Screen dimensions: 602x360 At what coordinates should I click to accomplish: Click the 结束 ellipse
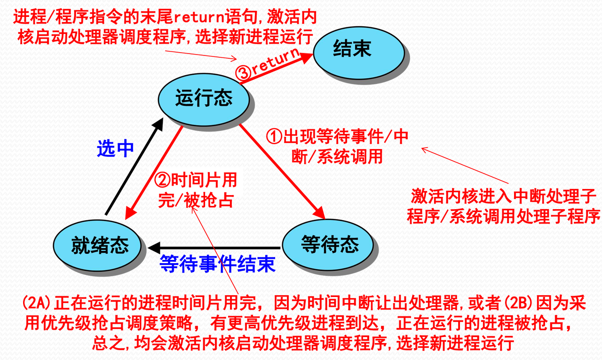click(359, 53)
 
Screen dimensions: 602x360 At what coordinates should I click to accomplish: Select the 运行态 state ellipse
click(204, 100)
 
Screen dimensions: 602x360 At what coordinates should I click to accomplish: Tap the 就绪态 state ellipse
click(97, 245)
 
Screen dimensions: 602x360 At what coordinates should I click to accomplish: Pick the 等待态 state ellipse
click(328, 244)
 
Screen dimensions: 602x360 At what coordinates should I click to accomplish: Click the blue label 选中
click(115, 149)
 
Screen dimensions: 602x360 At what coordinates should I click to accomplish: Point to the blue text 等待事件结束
click(218, 264)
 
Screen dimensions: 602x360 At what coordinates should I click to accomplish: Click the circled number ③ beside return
click(243, 72)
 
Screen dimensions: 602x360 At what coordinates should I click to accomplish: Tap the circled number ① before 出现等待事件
click(274, 136)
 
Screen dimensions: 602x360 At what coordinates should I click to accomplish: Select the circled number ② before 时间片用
click(162, 180)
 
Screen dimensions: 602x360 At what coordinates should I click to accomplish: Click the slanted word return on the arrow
click(276, 61)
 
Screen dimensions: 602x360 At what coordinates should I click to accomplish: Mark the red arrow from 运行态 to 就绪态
click(154, 173)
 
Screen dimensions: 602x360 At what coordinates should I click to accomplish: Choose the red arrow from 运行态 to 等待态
click(282, 172)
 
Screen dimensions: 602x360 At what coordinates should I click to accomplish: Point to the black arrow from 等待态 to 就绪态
click(214, 248)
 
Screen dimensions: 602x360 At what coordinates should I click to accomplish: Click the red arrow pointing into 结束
click(276, 69)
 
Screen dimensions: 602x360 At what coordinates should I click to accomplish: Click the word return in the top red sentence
click(199, 17)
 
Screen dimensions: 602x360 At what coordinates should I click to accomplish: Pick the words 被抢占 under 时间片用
click(208, 200)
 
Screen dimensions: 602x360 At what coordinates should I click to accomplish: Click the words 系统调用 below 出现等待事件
click(350, 157)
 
